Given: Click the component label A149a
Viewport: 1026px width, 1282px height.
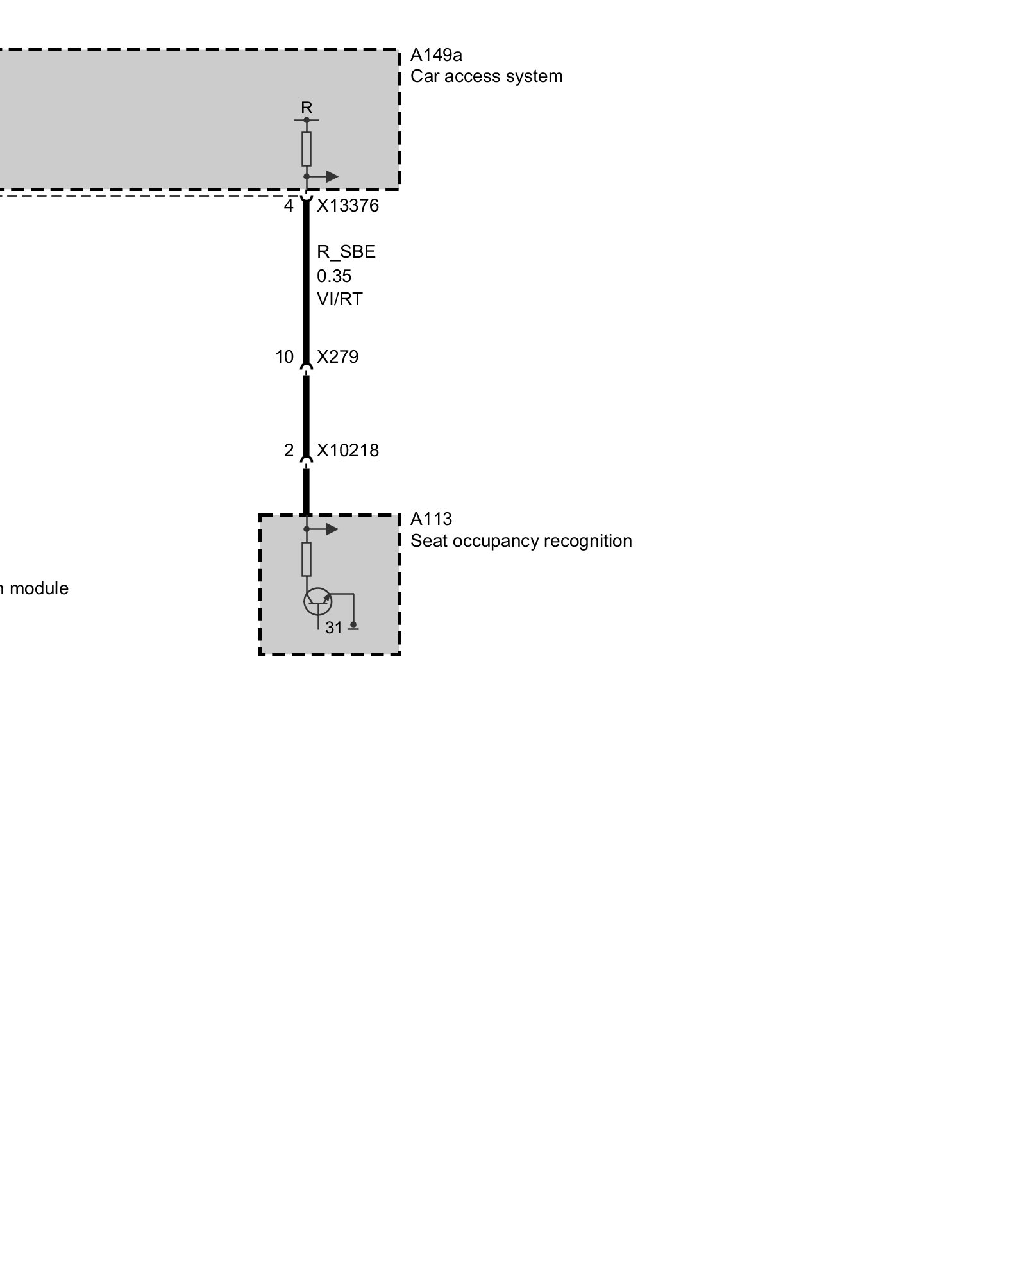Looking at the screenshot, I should point(436,55).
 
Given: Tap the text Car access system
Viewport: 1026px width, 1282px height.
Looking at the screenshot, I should point(486,76).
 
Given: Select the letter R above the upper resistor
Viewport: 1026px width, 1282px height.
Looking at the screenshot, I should point(307,108).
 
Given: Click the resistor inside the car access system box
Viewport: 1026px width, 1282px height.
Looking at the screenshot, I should point(307,149).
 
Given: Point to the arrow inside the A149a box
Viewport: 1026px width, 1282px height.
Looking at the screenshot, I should point(330,176).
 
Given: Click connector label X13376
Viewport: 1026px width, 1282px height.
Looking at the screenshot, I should point(348,206).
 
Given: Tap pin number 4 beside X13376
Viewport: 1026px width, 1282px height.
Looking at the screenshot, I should point(289,206).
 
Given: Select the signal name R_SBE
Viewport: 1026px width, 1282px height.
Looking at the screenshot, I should point(346,252).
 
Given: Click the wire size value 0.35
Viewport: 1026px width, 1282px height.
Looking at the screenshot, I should point(334,276).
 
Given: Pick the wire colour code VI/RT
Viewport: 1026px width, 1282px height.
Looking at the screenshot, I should point(339,299).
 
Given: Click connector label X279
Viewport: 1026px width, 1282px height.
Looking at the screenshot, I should point(338,357).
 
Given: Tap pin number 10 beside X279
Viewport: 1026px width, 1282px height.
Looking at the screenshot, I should point(284,357).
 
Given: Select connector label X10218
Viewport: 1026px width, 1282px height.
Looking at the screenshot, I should point(348,451).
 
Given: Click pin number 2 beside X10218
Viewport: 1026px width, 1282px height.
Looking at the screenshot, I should point(289,451).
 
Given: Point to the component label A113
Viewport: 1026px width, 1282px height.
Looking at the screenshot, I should point(431,519).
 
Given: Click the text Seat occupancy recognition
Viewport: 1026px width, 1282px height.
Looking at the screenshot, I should point(521,541).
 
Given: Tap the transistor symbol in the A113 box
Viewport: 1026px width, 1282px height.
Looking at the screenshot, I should point(317,601).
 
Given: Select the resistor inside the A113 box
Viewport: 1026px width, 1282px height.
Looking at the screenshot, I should point(307,559).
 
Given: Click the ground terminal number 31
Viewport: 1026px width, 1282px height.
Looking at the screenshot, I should point(333,628).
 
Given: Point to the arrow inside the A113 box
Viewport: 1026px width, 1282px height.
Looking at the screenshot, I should point(330,529).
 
